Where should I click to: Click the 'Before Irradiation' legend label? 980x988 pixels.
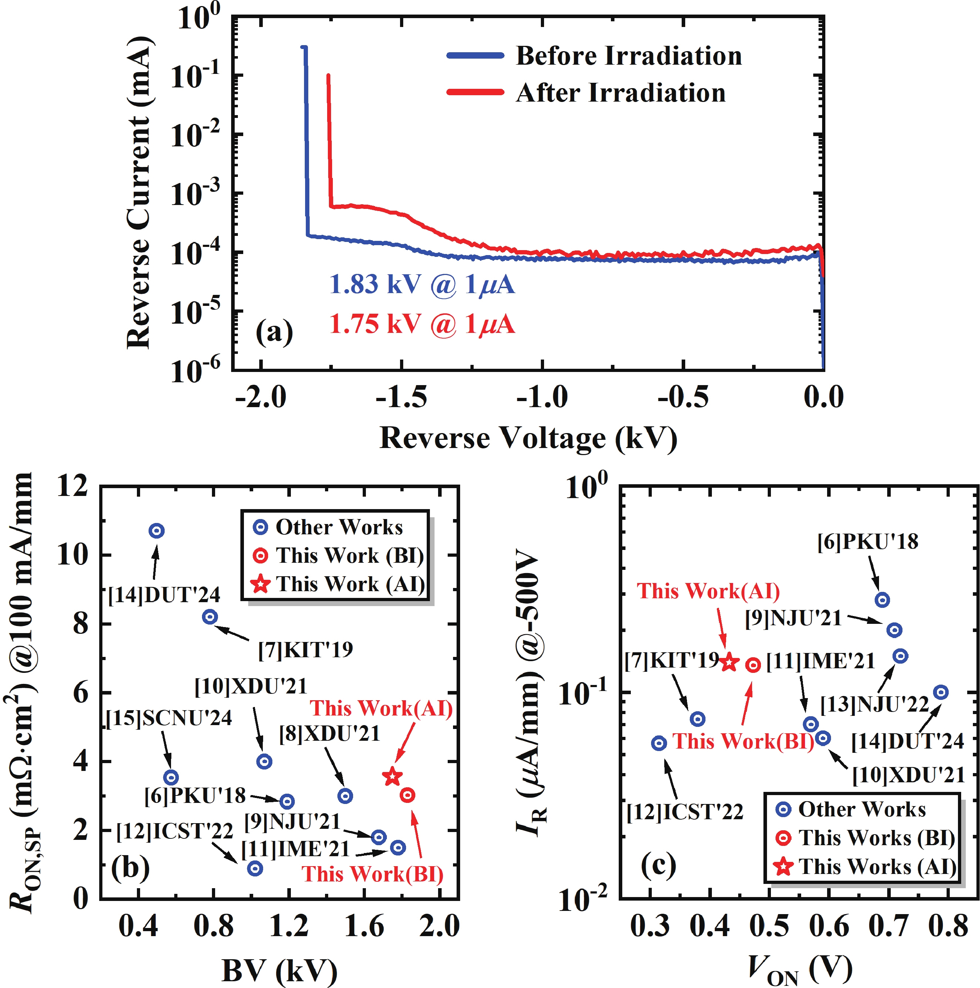click(628, 56)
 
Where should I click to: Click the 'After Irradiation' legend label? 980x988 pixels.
click(620, 93)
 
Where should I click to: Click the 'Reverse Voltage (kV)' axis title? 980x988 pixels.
click(528, 438)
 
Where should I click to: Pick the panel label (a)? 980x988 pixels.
click(274, 333)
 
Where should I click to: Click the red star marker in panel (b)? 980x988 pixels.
click(392, 776)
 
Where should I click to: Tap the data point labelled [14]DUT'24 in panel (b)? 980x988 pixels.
click(156, 531)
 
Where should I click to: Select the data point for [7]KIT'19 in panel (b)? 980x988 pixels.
click(210, 617)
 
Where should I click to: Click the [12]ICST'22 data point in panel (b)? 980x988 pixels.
click(255, 868)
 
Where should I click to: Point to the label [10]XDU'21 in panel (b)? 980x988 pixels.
click(250, 686)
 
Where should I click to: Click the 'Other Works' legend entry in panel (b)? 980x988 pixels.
click(339, 527)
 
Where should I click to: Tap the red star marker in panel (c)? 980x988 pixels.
click(729, 662)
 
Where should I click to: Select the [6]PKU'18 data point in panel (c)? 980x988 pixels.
click(882, 600)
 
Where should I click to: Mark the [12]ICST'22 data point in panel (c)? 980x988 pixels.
click(659, 743)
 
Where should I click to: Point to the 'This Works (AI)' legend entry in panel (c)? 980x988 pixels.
click(877, 866)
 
